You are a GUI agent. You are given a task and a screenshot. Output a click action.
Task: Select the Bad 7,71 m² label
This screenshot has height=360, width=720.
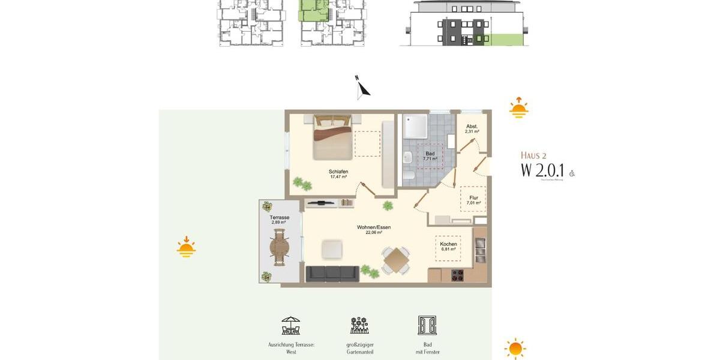coord(430,156)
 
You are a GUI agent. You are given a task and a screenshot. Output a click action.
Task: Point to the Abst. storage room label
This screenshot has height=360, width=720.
coord(472,128)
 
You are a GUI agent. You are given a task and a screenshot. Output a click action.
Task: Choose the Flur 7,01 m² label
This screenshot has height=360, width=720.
coord(473,200)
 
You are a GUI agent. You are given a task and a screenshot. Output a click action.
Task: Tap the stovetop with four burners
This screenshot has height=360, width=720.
coord(458,276)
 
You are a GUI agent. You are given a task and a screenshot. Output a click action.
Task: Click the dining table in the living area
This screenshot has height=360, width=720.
coord(396,260)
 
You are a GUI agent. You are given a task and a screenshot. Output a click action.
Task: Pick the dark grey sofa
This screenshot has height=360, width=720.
coord(332,274)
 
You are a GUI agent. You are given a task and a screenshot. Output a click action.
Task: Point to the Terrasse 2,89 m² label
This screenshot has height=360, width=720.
coord(280,220)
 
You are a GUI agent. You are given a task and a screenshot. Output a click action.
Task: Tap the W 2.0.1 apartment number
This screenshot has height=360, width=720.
coord(542,170)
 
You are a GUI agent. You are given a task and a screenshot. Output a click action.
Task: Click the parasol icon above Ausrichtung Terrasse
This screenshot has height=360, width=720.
coord(291,326)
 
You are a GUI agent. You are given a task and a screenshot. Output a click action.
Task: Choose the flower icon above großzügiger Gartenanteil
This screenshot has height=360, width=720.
coord(359,326)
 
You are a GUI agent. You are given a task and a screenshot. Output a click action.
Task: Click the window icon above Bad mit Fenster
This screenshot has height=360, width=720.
coord(427,326)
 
